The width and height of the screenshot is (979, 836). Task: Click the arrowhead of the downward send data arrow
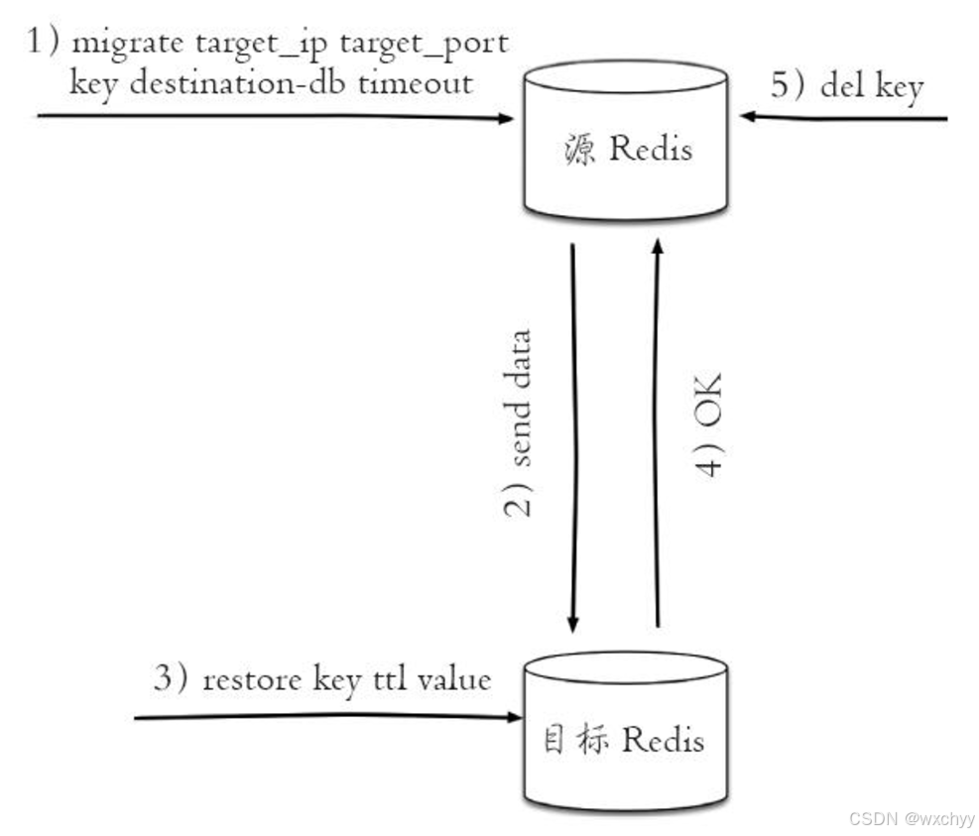click(572, 624)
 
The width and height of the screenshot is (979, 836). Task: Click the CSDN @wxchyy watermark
click(913, 819)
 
